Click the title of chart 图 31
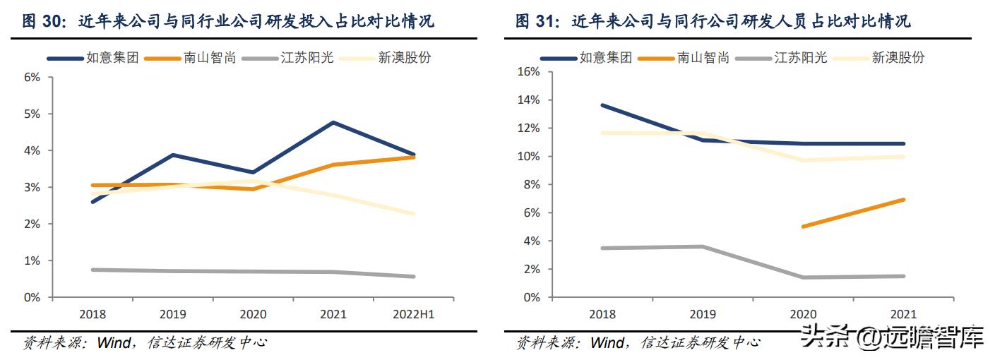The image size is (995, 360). (x=713, y=21)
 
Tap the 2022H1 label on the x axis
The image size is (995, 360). (x=413, y=314)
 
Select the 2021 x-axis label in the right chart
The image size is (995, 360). (x=904, y=314)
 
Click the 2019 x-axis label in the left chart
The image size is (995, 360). (x=172, y=314)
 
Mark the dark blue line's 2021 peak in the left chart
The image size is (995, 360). (x=333, y=123)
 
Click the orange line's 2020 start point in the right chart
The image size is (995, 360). (x=803, y=227)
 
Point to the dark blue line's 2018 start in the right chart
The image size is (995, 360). (x=602, y=105)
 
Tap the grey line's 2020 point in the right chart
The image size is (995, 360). (x=803, y=277)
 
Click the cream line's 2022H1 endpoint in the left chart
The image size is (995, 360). (x=413, y=213)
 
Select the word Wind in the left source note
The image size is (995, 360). (x=115, y=343)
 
